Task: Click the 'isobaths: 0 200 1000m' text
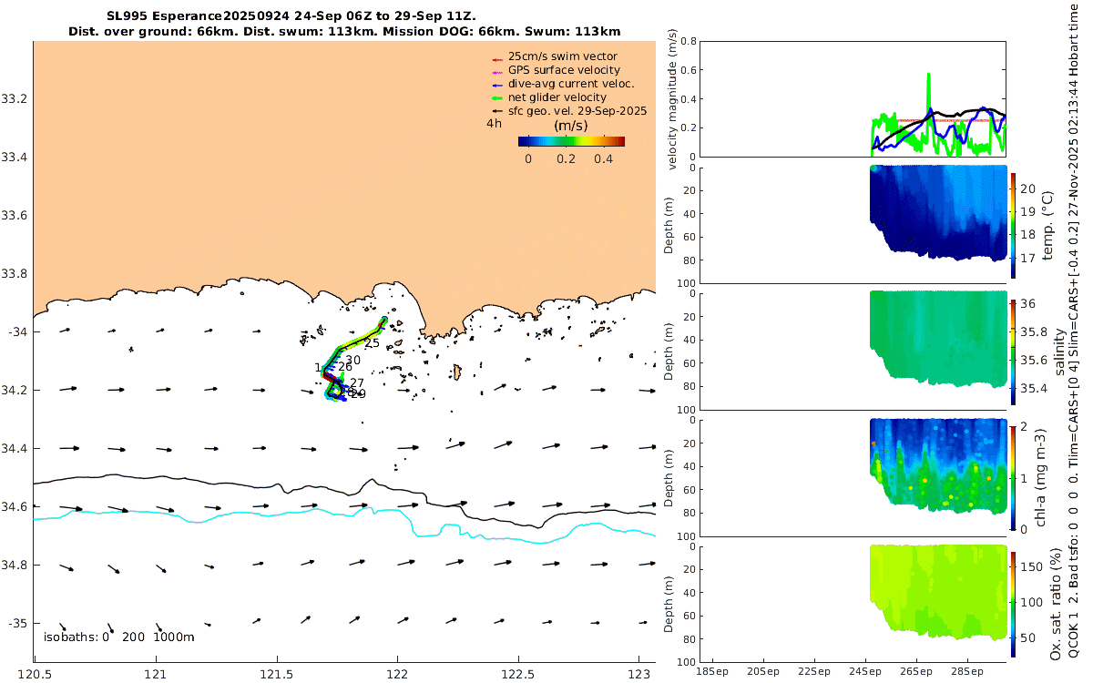(118, 637)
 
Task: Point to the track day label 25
(372, 343)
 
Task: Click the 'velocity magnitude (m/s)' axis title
(675, 98)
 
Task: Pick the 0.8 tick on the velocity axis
(690, 42)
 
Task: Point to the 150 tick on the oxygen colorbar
(1029, 566)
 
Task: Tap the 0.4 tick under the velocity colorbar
(602, 158)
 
